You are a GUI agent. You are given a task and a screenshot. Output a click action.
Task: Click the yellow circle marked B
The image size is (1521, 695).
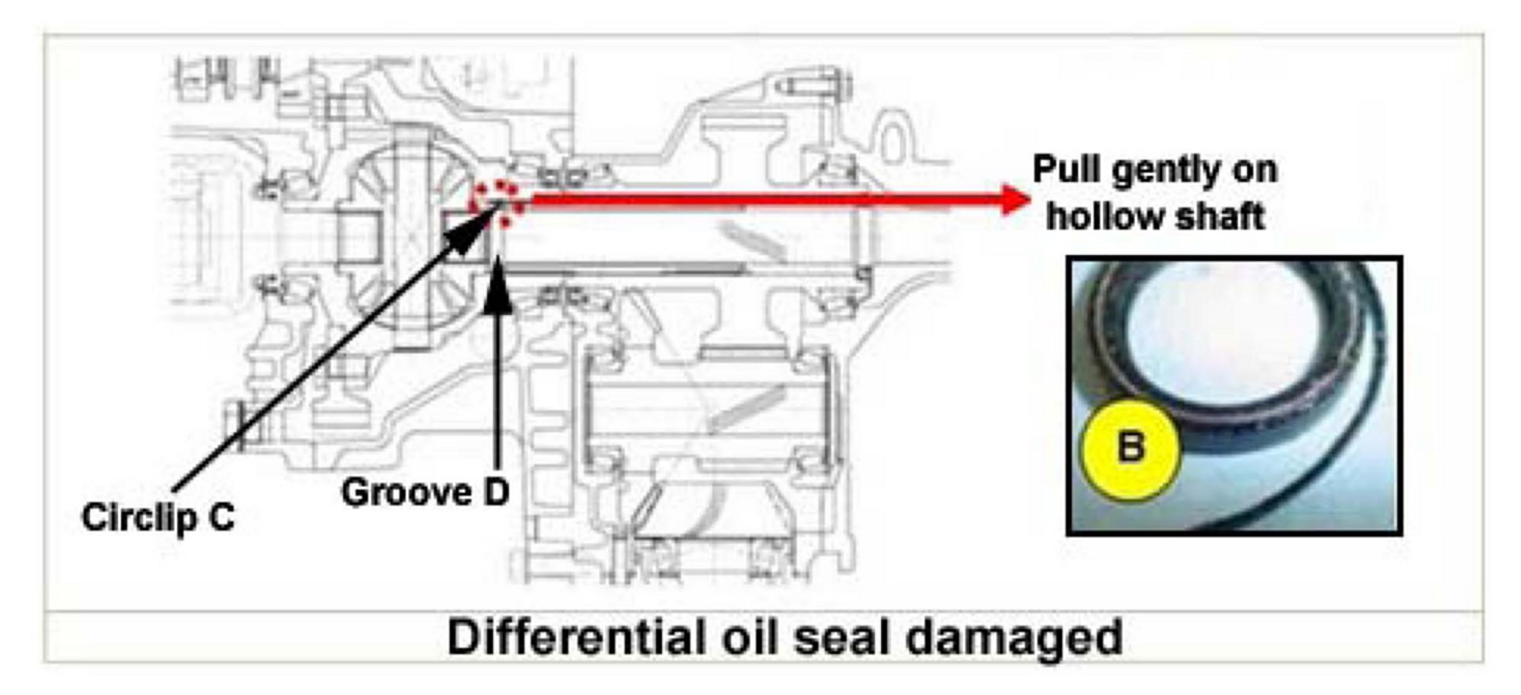tap(1130, 449)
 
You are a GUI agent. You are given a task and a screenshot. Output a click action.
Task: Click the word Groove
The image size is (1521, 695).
tap(399, 493)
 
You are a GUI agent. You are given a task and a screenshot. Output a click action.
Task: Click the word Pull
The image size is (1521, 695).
tap(1067, 169)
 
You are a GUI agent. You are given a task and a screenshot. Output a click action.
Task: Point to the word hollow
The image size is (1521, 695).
tap(1100, 216)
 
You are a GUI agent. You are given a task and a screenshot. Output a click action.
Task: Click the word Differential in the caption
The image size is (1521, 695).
tap(574, 636)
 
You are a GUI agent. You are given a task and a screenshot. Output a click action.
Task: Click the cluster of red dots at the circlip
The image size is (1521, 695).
tap(498, 202)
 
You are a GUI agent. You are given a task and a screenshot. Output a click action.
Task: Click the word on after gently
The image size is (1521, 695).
tap(1255, 169)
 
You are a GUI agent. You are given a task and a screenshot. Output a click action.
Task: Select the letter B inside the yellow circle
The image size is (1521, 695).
tap(1131, 447)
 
